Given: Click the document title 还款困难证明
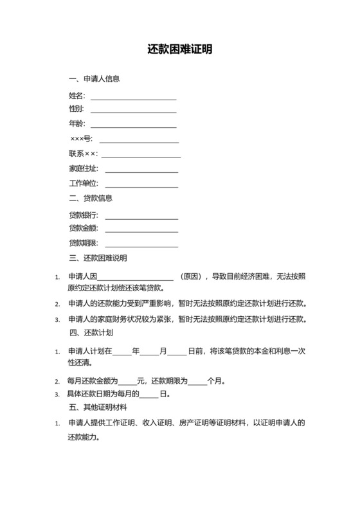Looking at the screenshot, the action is (x=179, y=49).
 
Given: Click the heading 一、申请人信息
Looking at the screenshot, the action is (x=94, y=80).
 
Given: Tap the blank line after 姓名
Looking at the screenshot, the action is (x=133, y=97).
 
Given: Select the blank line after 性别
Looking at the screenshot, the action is (x=133, y=109).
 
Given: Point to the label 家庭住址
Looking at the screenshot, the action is (x=83, y=169).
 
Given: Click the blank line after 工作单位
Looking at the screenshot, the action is (x=141, y=184).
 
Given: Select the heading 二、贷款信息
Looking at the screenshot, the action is (x=91, y=198).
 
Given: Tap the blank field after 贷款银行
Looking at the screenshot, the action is (x=141, y=215).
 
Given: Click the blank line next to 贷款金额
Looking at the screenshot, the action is (x=141, y=229).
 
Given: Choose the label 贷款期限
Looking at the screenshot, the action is (x=83, y=244).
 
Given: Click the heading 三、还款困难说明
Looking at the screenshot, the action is (x=98, y=258).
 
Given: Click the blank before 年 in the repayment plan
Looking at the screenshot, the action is (x=122, y=352).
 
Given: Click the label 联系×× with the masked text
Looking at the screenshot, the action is (x=83, y=154).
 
